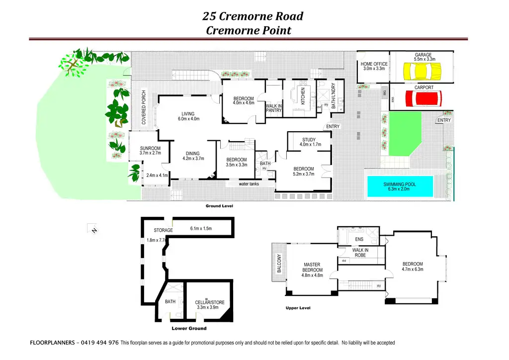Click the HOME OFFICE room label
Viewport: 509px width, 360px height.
pyautogui.click(x=374, y=64)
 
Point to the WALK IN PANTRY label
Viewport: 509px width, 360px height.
pyautogui.click(x=274, y=108)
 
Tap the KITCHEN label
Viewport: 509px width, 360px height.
pyautogui.click(x=302, y=96)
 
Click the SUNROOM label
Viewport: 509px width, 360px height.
pyautogui.click(x=150, y=148)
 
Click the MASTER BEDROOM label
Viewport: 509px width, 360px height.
pyautogui.click(x=312, y=268)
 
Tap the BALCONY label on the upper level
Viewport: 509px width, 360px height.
pyautogui.click(x=279, y=264)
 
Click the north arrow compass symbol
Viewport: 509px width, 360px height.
pyautogui.click(x=93, y=229)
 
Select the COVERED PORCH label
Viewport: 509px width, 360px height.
pyautogui.click(x=144, y=107)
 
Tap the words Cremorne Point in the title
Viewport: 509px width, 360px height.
pyautogui.click(x=248, y=30)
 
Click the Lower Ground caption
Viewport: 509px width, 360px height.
pyautogui.click(x=189, y=329)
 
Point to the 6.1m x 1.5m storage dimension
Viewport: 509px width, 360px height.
pyautogui.click(x=201, y=229)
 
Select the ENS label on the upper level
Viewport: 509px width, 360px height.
pyautogui.click(x=359, y=240)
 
